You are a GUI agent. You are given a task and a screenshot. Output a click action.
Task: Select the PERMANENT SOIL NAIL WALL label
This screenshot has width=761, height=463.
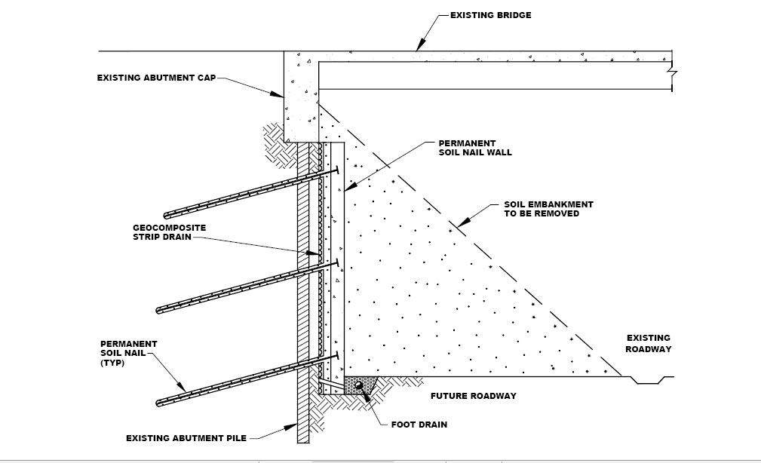click(475, 148)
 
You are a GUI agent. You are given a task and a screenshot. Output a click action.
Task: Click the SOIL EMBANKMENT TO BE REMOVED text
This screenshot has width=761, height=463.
click(548, 209)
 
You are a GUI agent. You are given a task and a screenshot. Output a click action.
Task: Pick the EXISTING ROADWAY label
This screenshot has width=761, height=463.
click(648, 344)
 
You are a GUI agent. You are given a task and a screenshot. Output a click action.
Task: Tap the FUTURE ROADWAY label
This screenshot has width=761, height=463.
click(473, 396)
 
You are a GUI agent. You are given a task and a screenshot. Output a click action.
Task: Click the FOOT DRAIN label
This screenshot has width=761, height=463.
click(419, 425)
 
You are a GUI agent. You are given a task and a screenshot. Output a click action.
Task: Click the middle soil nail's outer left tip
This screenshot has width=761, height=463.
click(159, 310)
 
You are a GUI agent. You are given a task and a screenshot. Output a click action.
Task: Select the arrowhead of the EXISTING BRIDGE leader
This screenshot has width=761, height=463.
click(417, 49)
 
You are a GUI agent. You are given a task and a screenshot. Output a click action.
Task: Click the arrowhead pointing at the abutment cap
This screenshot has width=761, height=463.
click(281, 95)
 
